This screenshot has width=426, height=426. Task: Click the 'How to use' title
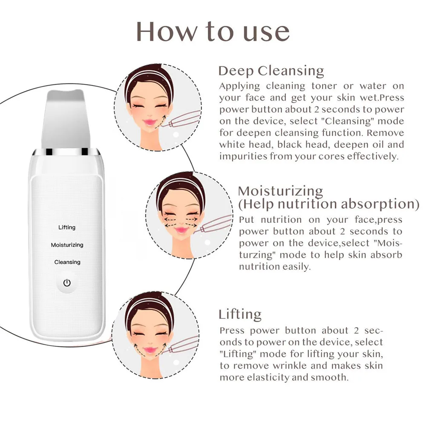213,32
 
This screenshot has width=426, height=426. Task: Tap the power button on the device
67,282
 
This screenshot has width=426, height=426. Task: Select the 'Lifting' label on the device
67,227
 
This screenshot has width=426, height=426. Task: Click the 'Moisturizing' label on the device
67,245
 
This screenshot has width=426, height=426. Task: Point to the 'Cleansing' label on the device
67,262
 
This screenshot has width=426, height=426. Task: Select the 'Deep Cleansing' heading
271,70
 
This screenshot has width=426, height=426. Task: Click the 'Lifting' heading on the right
240,314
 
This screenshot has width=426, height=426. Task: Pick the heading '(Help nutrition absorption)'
328,204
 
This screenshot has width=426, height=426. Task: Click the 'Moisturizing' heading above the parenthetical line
280,190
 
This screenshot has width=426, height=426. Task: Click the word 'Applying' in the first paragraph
239,86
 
